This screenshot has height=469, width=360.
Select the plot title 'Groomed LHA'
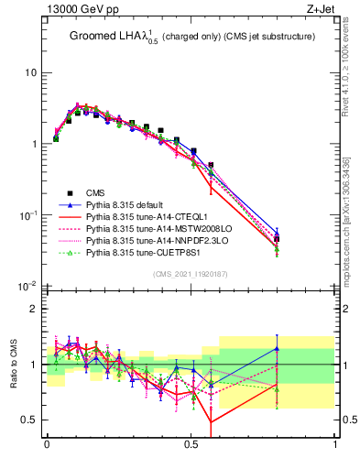point(109,37)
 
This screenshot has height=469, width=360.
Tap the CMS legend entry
point(96,192)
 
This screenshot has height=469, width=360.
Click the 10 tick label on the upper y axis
point(30,72)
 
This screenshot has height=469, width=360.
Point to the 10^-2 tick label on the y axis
point(27,287)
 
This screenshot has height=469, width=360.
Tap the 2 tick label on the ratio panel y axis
point(34,309)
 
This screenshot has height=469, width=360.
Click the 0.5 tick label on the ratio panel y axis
point(30,420)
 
